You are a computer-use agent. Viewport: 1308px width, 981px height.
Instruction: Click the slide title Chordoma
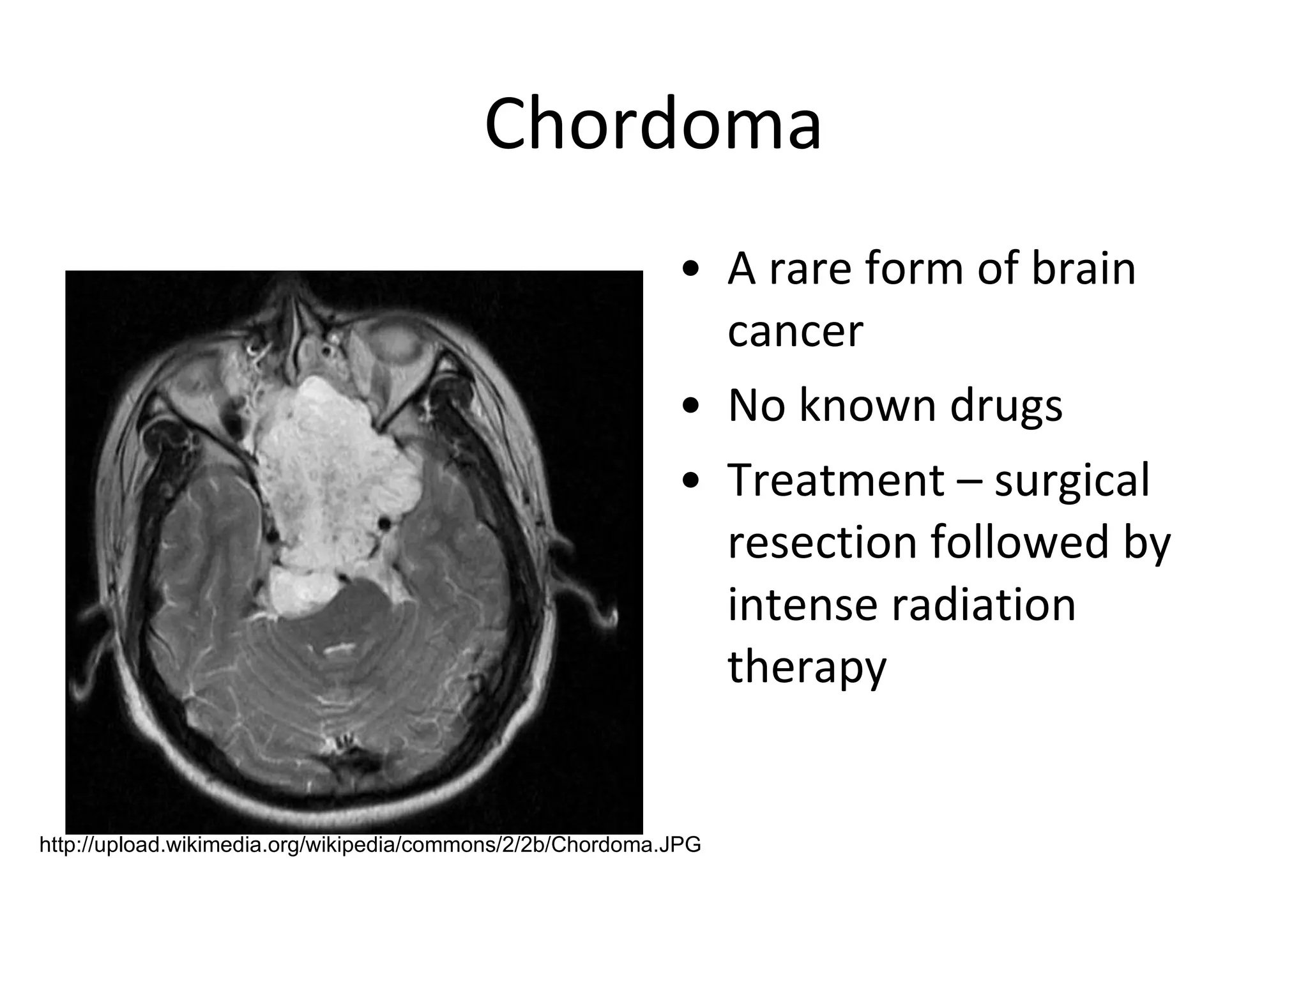pos(653,125)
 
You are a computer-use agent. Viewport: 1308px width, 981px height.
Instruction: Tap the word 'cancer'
pos(795,332)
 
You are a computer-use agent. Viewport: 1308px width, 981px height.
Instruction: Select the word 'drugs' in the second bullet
pos(1006,406)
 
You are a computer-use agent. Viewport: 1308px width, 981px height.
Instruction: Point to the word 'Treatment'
pos(835,480)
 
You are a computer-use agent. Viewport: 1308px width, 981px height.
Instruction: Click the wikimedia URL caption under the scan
pos(370,845)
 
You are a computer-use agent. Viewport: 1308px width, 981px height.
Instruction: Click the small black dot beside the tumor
pos(384,524)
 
